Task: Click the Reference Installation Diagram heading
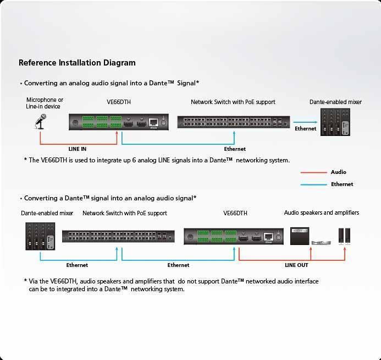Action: click(x=77, y=63)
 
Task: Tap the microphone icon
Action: click(x=40, y=122)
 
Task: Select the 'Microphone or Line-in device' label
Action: click(x=45, y=103)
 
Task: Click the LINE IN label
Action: click(x=77, y=149)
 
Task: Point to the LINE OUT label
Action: click(x=296, y=265)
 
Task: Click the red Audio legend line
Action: click(x=314, y=172)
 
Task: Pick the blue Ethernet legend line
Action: click(x=314, y=184)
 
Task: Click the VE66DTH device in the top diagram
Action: click(x=118, y=122)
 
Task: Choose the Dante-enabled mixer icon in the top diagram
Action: click(x=335, y=123)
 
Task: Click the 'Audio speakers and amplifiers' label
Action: click(x=321, y=212)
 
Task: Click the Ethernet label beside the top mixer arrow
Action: click(x=306, y=129)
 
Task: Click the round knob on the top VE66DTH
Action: click(x=74, y=123)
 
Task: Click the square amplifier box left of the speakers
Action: click(x=300, y=235)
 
